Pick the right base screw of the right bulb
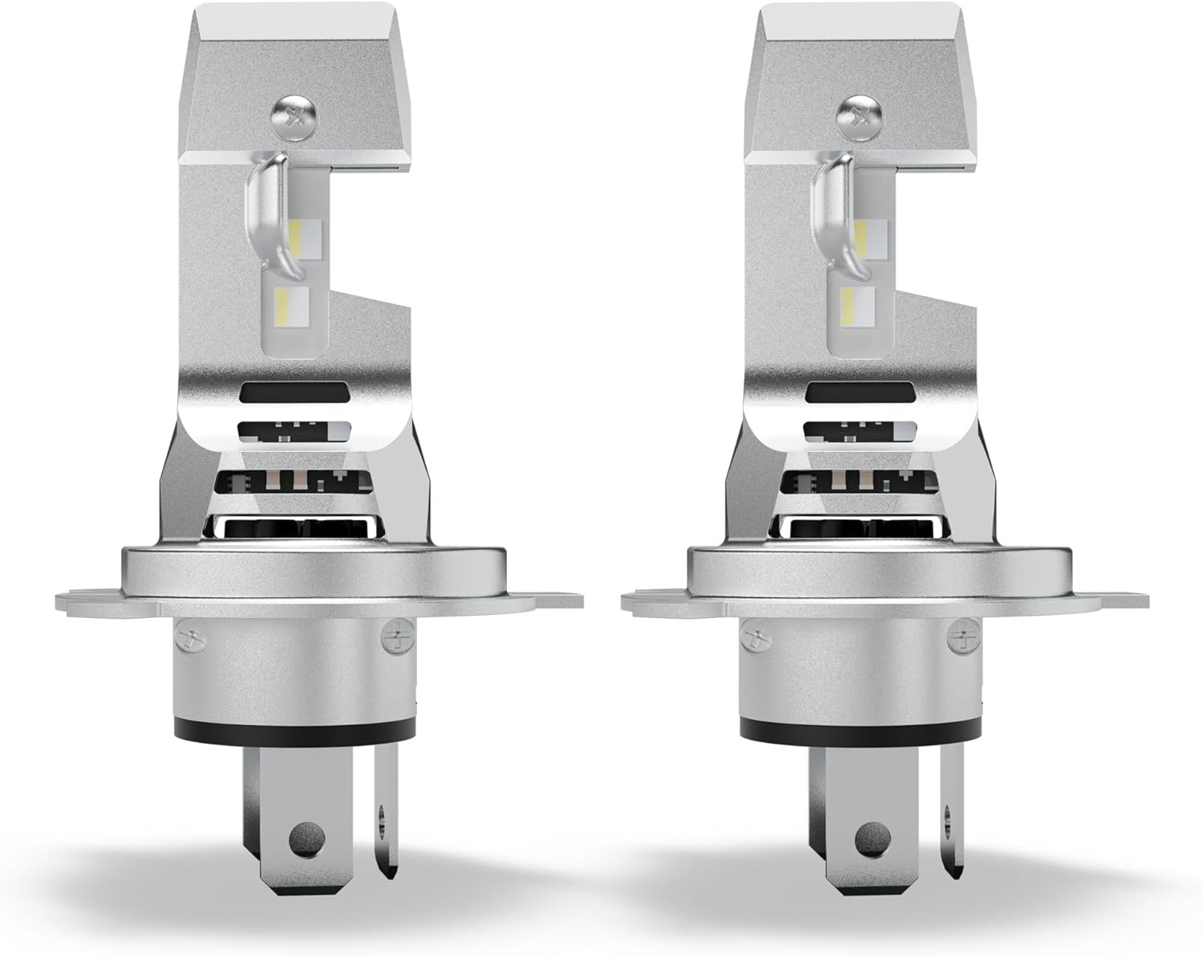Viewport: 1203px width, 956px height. pyautogui.click(x=959, y=640)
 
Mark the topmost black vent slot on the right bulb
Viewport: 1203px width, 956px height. pyautogui.click(x=859, y=393)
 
